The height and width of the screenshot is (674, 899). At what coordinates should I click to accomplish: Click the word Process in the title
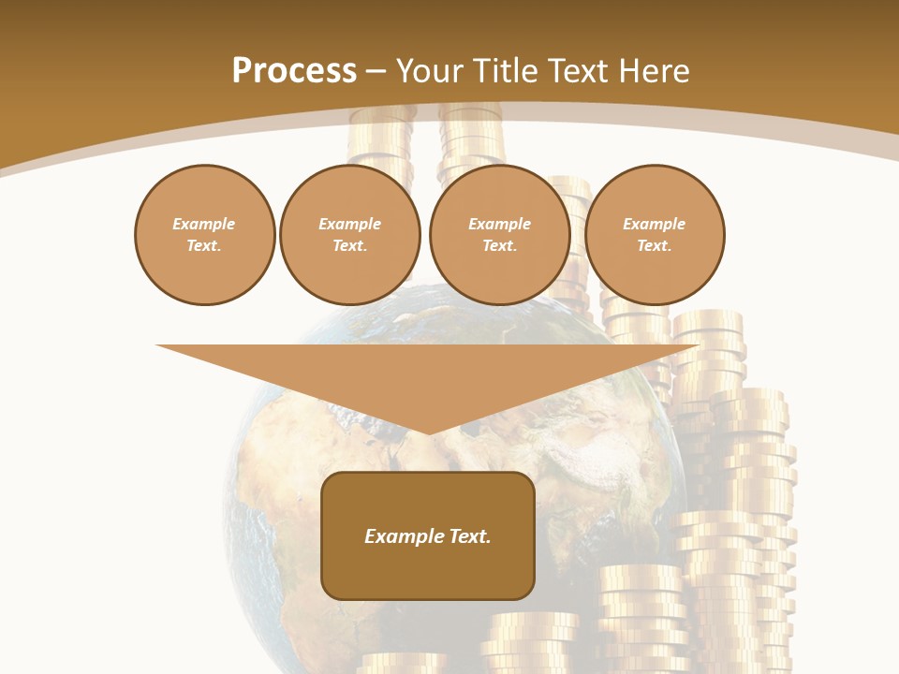[294, 71]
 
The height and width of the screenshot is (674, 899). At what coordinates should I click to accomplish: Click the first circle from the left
[204, 235]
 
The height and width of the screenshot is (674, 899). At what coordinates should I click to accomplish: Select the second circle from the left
[349, 235]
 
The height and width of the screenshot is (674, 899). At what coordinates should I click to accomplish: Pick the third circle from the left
[499, 235]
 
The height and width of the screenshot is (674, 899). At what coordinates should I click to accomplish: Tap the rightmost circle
[654, 235]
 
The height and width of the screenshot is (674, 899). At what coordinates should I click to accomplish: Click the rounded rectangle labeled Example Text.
[428, 535]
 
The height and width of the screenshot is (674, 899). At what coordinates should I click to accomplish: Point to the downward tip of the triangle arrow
[428, 432]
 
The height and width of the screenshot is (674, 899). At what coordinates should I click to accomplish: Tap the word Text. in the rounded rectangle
[471, 536]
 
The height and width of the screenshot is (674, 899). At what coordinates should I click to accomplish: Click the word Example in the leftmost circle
[204, 224]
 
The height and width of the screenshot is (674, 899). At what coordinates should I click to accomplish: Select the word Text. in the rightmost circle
[654, 246]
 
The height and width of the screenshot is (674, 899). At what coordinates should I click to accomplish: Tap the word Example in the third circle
[499, 224]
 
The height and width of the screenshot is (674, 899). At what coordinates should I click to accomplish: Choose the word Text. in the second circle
[349, 246]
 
